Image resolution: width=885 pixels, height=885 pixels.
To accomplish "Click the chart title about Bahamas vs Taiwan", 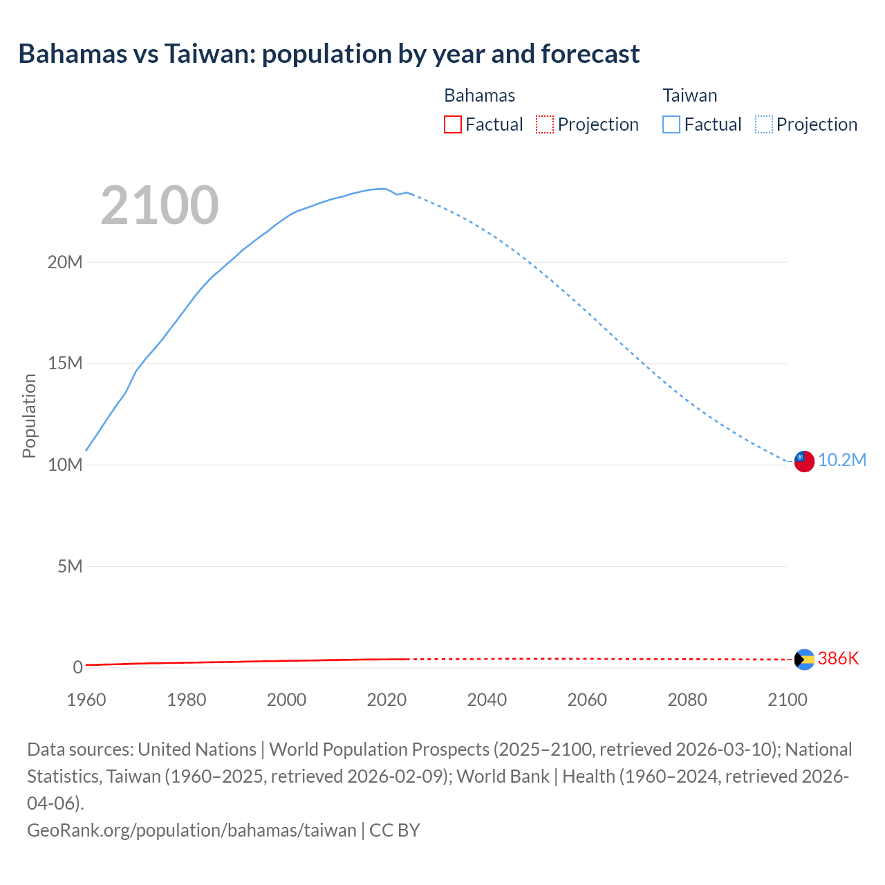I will tap(329, 54).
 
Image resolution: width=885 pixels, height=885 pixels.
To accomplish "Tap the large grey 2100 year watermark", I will tap(160, 205).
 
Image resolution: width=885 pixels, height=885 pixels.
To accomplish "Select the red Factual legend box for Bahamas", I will tap(452, 124).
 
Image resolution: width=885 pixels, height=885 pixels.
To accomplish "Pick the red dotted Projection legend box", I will tap(545, 124).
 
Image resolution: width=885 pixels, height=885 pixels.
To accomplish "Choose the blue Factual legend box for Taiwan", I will tap(671, 124).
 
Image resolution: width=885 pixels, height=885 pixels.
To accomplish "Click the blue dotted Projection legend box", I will tap(763, 124).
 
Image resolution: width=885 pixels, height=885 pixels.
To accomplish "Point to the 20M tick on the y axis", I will tap(65, 262).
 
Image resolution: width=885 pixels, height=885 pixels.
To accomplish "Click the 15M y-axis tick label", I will tap(65, 364).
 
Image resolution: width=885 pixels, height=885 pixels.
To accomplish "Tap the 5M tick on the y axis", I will tap(69, 566).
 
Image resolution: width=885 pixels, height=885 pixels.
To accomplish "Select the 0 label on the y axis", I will tap(77, 667).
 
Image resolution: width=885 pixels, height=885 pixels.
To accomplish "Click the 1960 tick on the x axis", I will tap(86, 700).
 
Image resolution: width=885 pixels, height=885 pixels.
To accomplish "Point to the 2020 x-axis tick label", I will tap(386, 700).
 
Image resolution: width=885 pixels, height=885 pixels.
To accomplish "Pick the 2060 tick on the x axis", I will tap(587, 700).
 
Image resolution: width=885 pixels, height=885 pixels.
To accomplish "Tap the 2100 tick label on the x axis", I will tap(788, 700).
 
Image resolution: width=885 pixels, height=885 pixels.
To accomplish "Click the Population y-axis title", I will tap(29, 416).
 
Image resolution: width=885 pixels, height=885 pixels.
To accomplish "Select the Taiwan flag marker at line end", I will tap(803, 461).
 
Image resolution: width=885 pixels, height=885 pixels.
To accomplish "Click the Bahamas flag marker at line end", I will tap(803, 660).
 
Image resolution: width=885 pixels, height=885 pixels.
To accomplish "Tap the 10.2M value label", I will tap(841, 460).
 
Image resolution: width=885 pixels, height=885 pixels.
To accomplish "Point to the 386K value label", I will tap(838, 659).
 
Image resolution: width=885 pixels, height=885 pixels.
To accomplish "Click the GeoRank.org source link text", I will tap(192, 830).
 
